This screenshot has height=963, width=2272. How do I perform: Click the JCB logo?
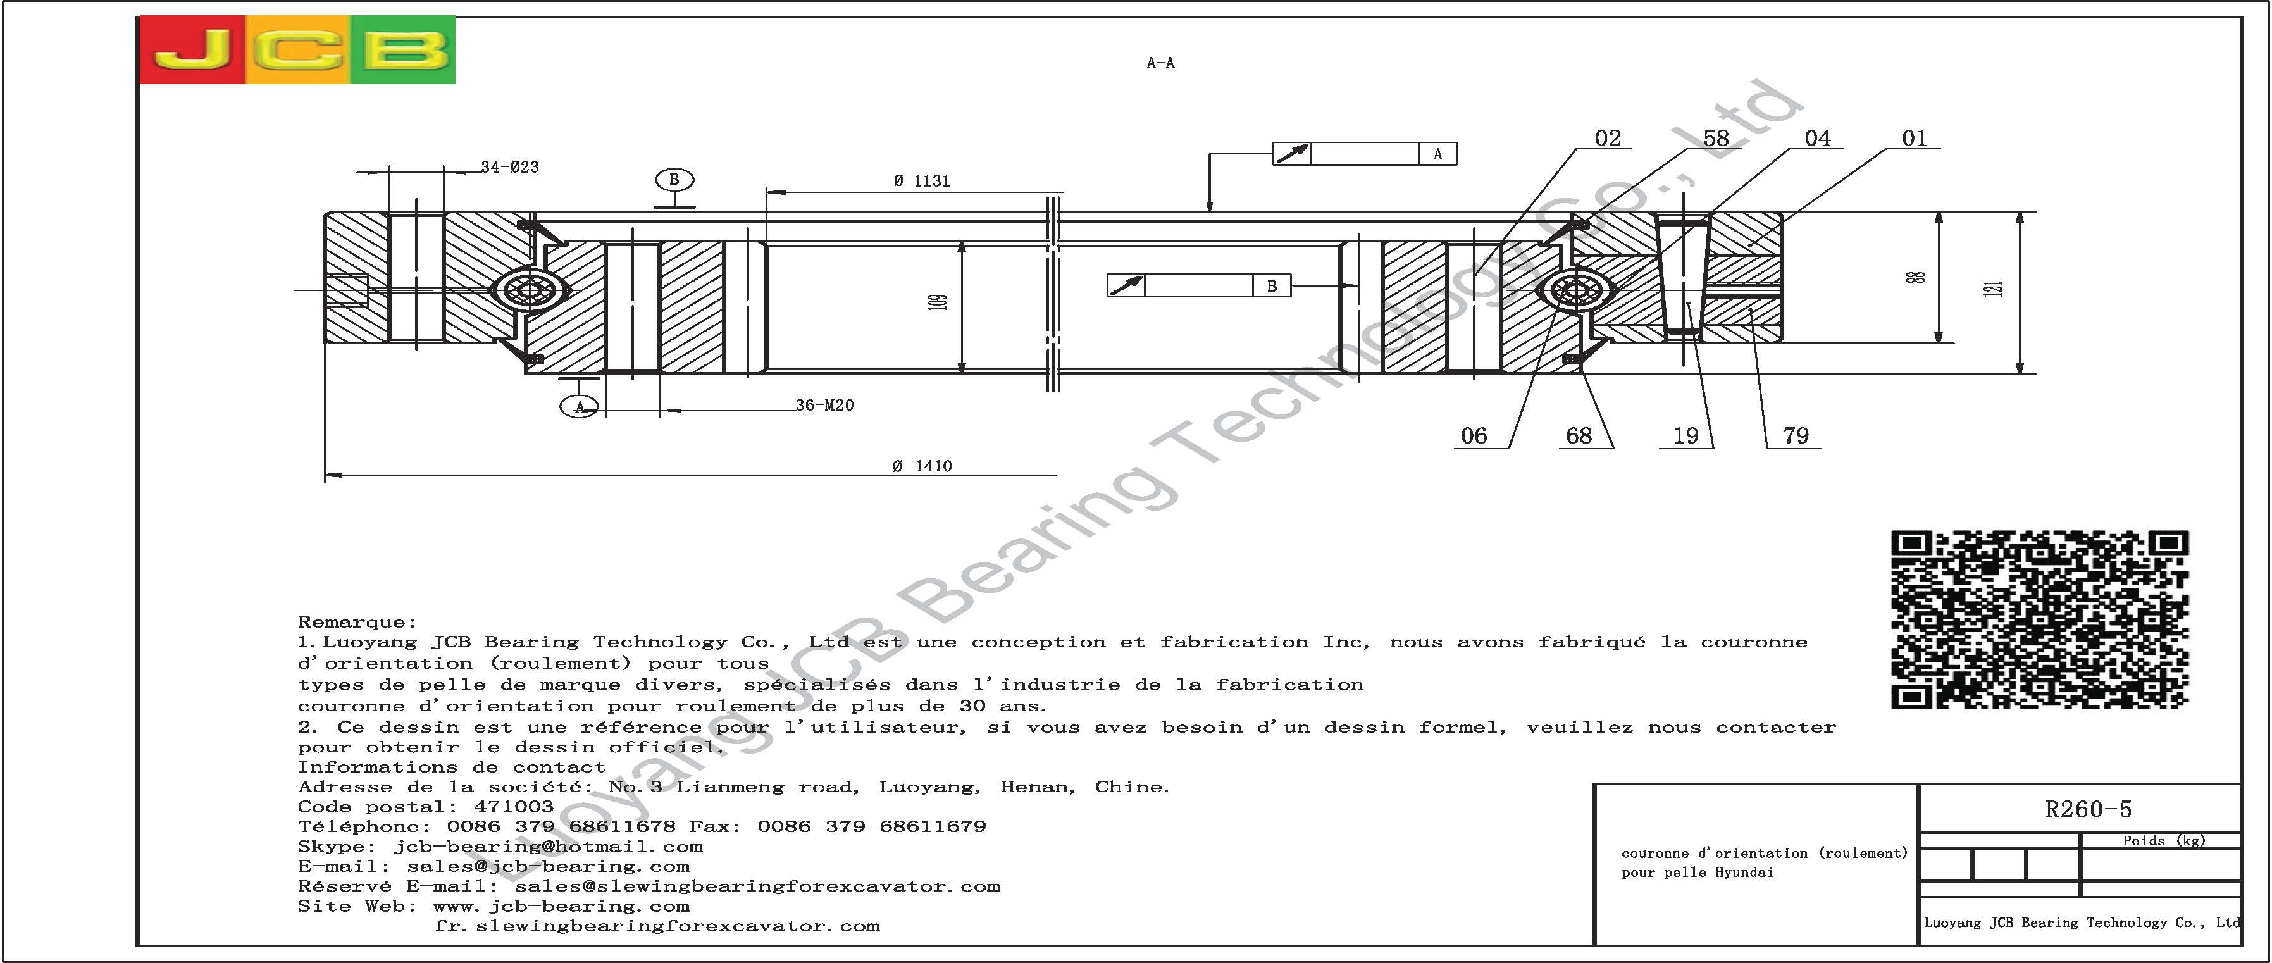tap(297, 50)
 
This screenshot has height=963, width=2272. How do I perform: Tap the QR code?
tap(2040, 619)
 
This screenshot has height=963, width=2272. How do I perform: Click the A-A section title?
tap(1160, 63)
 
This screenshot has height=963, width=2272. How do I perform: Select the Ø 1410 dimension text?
tap(922, 466)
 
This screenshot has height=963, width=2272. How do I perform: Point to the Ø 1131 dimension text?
tap(922, 181)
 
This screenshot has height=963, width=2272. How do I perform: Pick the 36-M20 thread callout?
tap(824, 405)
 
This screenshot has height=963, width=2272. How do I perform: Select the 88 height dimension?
tap(1916, 277)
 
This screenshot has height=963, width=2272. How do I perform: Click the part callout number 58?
tap(1715, 139)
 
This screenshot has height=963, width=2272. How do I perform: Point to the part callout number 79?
tap(1796, 436)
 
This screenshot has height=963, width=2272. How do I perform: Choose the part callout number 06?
tap(1474, 436)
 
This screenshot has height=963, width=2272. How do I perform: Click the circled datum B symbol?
tap(674, 180)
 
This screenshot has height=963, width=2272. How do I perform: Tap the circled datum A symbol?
tap(580, 407)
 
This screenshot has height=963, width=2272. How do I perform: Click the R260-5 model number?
tap(2088, 809)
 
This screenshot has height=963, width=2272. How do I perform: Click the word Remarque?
tap(356, 623)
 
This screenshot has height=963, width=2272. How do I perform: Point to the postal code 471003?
tap(513, 806)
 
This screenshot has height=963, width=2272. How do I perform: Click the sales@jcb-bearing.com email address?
tap(549, 866)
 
